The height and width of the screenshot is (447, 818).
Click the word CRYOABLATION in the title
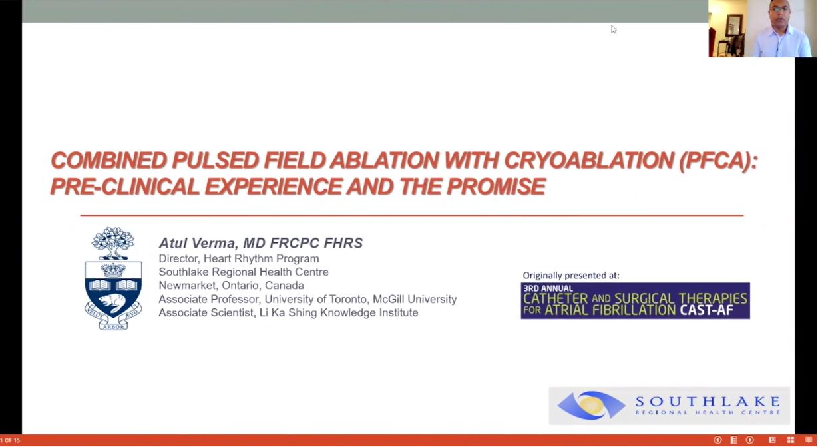click(588, 161)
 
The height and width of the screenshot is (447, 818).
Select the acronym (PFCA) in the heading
click(718, 161)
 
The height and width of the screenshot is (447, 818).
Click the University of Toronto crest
click(113, 278)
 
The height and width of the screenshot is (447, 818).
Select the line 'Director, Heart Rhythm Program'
click(238, 258)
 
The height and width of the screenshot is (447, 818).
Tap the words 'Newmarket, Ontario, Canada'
click(231, 286)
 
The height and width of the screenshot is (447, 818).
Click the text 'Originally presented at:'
click(570, 275)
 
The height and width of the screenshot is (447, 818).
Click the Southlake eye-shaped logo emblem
click(591, 406)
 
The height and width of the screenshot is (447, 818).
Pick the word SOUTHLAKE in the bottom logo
click(707, 401)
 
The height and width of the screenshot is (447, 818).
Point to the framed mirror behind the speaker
click(735, 27)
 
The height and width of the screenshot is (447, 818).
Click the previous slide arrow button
click(717, 440)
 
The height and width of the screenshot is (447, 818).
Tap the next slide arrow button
click(749, 440)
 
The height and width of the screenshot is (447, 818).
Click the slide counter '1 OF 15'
click(10, 440)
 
